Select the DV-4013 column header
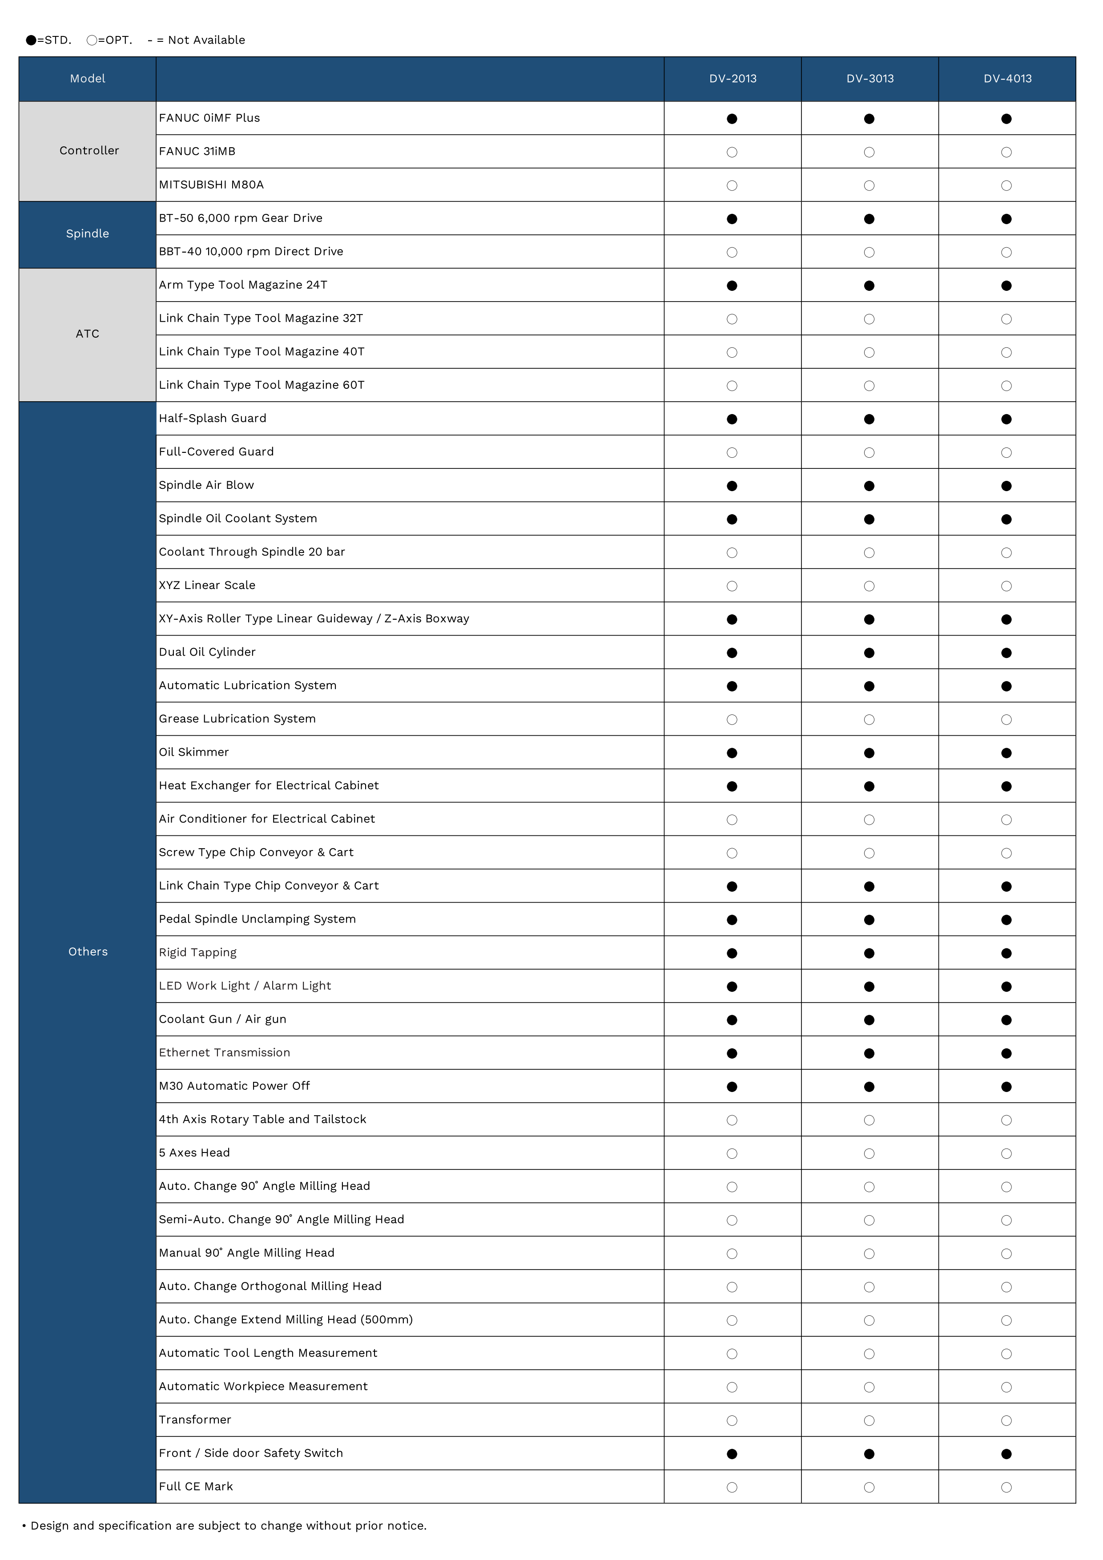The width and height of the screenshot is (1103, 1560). (x=1007, y=79)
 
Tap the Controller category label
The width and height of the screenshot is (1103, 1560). (x=89, y=151)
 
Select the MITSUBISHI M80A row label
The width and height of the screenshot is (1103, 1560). (x=211, y=185)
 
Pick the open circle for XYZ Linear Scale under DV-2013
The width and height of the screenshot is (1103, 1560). (x=732, y=586)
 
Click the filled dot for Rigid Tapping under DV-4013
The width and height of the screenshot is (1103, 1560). (x=1006, y=953)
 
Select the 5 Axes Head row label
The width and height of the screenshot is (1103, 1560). (x=194, y=1153)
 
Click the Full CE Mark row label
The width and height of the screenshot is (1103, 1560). (x=196, y=1487)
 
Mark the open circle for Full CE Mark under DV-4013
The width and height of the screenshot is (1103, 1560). (x=1006, y=1487)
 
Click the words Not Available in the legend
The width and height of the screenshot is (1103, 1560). (x=206, y=40)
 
